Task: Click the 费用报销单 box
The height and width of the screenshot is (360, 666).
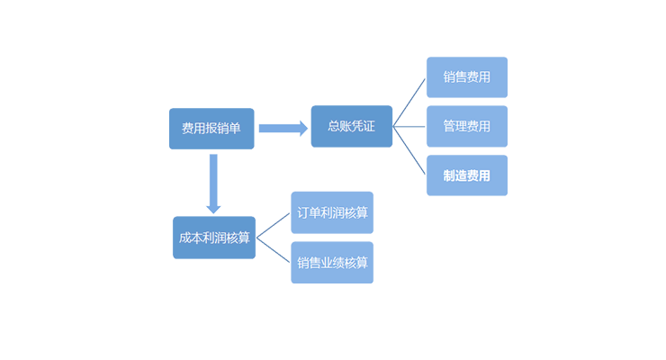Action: pyautogui.click(x=211, y=129)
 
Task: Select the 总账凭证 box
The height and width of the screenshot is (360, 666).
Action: pyautogui.click(x=352, y=127)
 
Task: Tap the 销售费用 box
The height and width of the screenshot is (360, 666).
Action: pyautogui.click(x=466, y=77)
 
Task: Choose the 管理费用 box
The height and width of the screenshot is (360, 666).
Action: pyautogui.click(x=466, y=126)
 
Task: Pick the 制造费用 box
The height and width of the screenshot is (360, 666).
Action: pyautogui.click(x=466, y=175)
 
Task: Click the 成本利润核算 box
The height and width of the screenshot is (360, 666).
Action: pyautogui.click(x=214, y=238)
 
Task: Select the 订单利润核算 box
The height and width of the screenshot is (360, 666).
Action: pyautogui.click(x=332, y=213)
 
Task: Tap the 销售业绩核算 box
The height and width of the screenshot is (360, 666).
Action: pyautogui.click(x=332, y=263)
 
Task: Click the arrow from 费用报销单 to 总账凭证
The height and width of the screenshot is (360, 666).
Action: pyautogui.click(x=283, y=128)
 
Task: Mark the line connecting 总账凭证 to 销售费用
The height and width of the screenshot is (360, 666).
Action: pyautogui.click(x=409, y=102)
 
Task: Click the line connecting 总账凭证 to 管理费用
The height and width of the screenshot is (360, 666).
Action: pyautogui.click(x=409, y=127)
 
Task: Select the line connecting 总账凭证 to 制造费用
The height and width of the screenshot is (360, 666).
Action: pyautogui.click(x=409, y=151)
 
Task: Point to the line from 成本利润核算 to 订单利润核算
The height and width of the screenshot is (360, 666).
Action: pyautogui.click(x=274, y=226)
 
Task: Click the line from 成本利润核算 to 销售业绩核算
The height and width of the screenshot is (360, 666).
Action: pyautogui.click(x=274, y=250)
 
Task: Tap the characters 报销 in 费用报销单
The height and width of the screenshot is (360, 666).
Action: pyautogui.click(x=211, y=129)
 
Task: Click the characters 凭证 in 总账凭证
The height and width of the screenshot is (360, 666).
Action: pyautogui.click(x=364, y=127)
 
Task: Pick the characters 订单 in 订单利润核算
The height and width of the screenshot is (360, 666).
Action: pyautogui.click(x=309, y=213)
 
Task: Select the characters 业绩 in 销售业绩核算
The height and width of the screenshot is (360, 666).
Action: pyautogui.click(x=332, y=263)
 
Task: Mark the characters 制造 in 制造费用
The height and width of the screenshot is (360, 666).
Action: pyautogui.click(x=454, y=175)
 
